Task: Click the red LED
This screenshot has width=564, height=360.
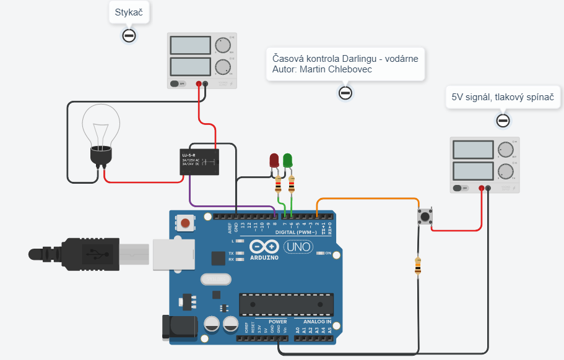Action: pos(274,160)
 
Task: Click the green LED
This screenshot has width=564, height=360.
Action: pos(288,160)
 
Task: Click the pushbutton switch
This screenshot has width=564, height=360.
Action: pos(425,216)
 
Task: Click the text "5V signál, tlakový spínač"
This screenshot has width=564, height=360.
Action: pos(503,97)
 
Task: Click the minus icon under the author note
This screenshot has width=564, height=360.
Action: pos(345,93)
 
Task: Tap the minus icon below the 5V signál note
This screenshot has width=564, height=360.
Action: pos(503,120)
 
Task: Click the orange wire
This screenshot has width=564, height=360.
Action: pos(371,199)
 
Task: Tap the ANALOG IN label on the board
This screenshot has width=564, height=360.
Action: pos(318,322)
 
